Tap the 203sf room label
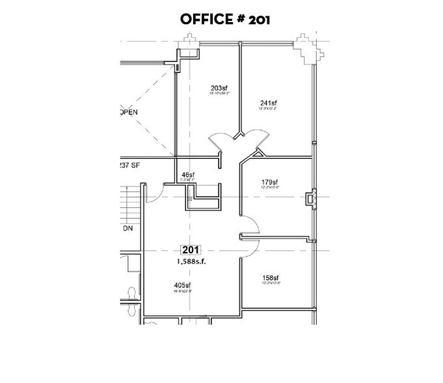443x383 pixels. [x=219, y=88]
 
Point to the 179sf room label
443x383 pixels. [x=269, y=182]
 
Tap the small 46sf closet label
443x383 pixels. [x=189, y=175]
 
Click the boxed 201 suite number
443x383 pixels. [x=192, y=249]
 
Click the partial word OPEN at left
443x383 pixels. [x=130, y=112]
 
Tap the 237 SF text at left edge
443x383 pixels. [x=131, y=165]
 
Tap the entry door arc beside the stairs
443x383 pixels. [x=154, y=193]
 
